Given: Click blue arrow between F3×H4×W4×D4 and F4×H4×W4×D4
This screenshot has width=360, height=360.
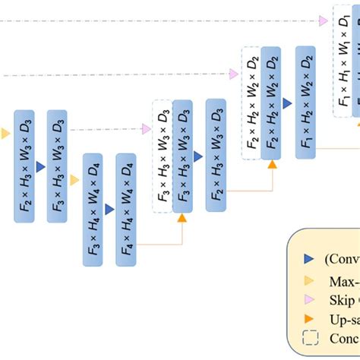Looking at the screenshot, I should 109,208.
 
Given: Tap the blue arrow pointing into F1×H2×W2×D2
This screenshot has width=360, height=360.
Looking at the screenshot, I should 288,101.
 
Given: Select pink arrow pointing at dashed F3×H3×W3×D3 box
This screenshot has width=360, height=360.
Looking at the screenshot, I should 146,129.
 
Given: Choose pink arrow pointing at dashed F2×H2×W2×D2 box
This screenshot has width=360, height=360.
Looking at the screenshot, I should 235,74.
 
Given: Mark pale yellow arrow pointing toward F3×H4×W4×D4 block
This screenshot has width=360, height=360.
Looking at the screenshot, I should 74,180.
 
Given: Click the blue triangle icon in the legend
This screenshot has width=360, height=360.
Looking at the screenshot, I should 308,258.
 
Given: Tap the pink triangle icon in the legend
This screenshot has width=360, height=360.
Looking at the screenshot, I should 308,298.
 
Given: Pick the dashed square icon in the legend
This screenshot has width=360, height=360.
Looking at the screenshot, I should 308,339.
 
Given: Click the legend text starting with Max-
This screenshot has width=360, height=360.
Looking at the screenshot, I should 342,279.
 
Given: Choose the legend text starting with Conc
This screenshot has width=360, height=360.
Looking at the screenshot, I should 342,339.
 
